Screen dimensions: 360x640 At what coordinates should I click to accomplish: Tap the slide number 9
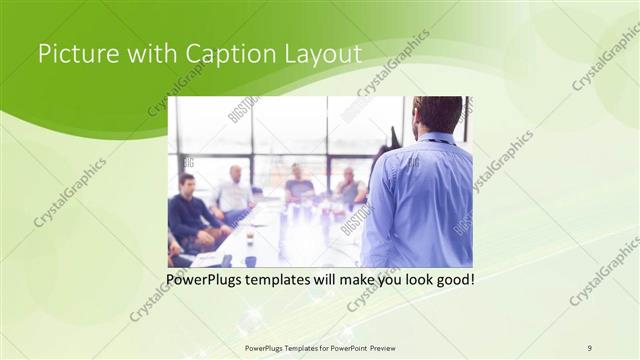[590, 347]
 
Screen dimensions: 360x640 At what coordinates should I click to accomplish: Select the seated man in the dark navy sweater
[188, 213]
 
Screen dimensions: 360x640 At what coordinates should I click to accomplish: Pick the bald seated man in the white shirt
[234, 192]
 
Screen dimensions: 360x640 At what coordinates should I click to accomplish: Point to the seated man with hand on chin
[349, 187]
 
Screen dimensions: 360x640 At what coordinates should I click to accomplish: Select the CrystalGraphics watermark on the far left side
[69, 193]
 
